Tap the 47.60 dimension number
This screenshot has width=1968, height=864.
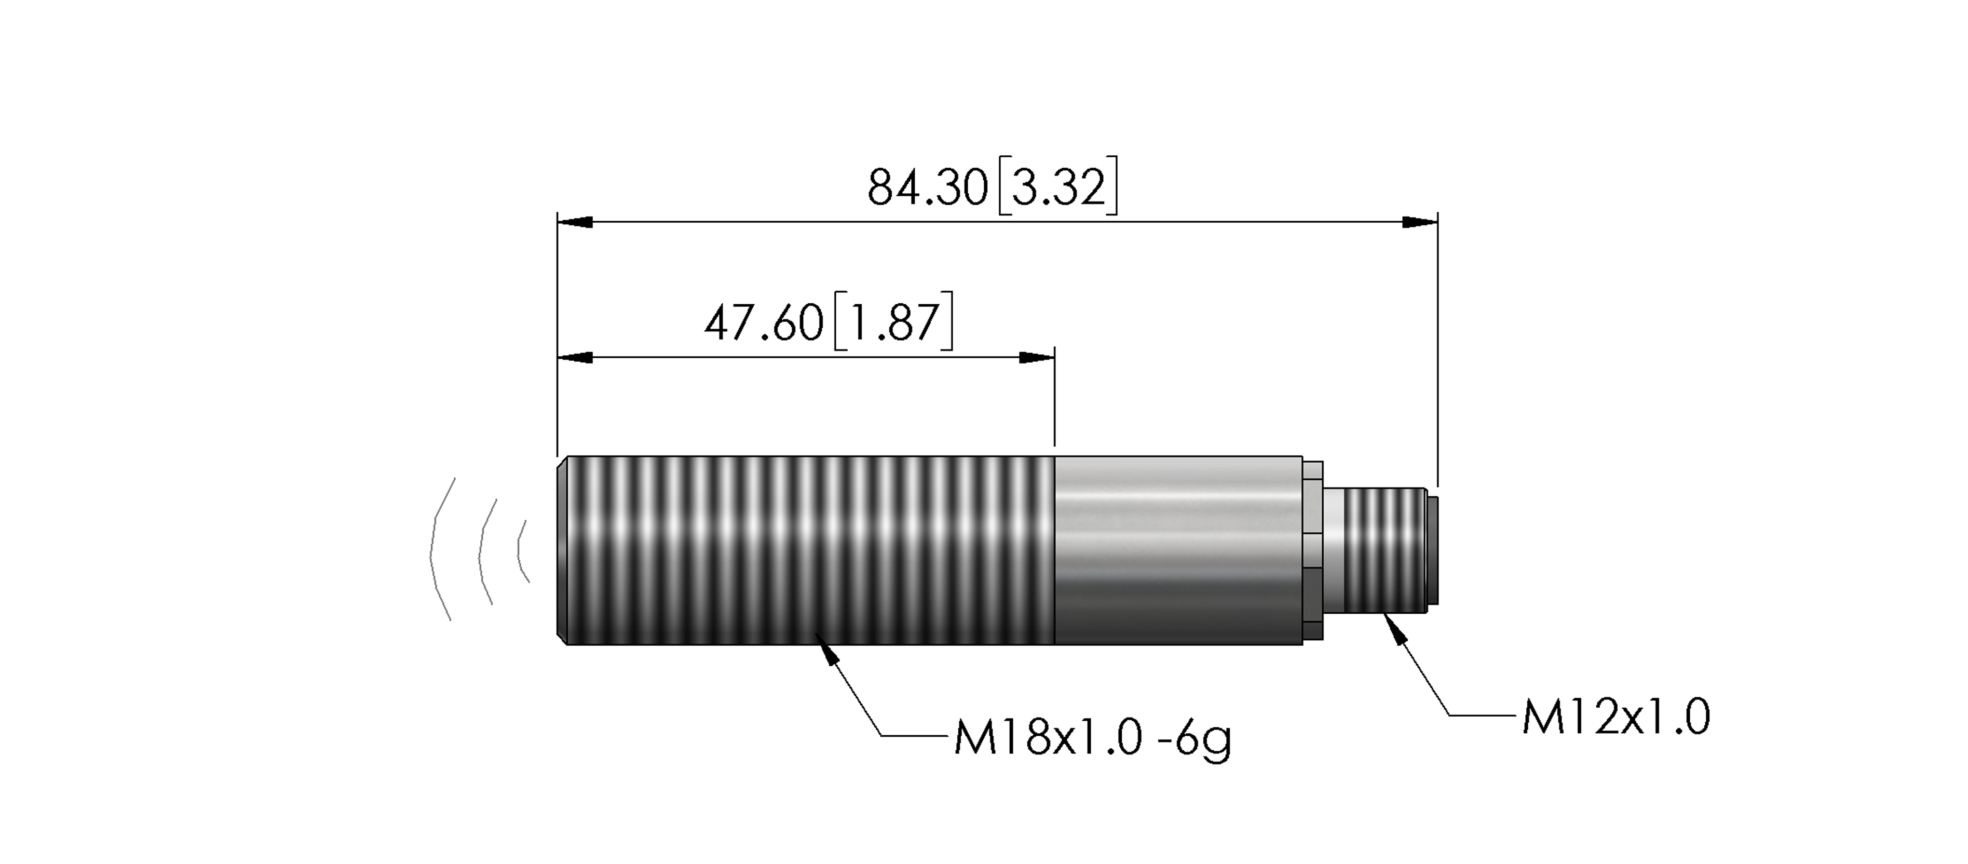point(764,323)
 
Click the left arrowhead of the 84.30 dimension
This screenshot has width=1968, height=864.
point(575,222)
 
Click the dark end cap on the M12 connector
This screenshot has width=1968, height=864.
point(1434,550)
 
